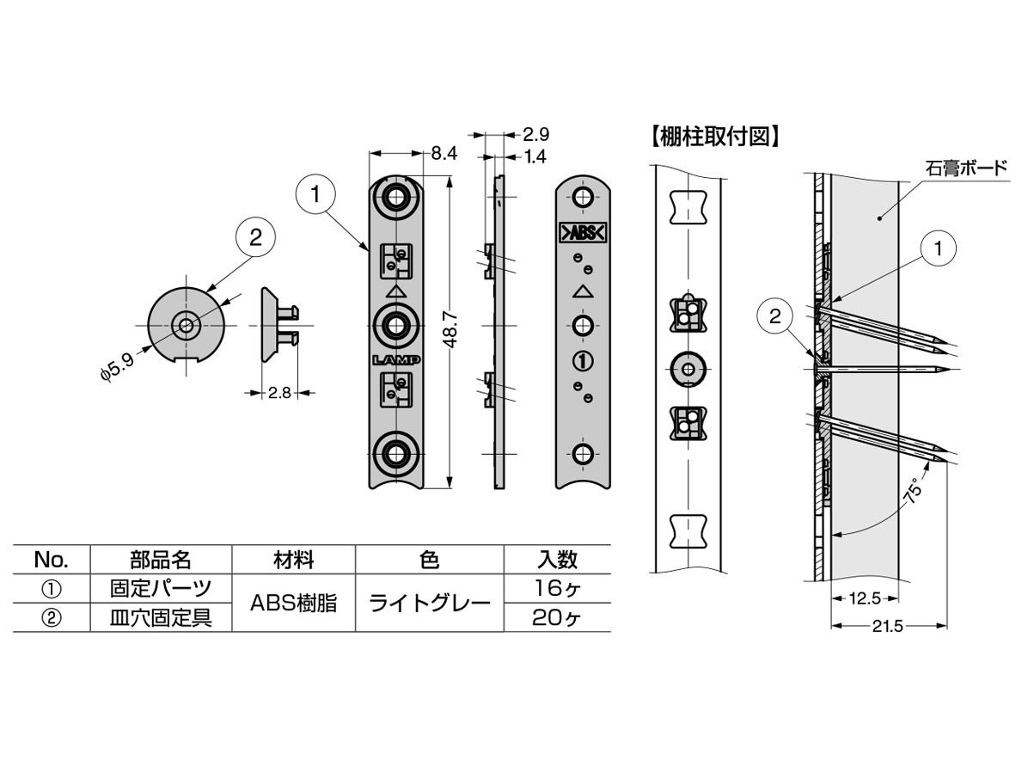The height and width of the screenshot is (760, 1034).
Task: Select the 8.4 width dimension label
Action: (x=444, y=153)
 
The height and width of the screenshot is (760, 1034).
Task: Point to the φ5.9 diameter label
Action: (x=117, y=366)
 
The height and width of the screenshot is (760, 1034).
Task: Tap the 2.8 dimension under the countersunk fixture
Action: (x=279, y=393)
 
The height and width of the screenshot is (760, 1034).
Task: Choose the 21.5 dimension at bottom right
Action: (x=887, y=627)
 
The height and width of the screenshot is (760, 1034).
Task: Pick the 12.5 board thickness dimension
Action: (x=865, y=599)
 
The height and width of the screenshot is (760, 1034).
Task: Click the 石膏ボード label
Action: (x=966, y=168)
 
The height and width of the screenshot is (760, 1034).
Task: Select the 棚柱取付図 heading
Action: (x=715, y=138)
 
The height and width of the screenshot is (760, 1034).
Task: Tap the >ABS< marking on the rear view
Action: (x=583, y=233)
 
